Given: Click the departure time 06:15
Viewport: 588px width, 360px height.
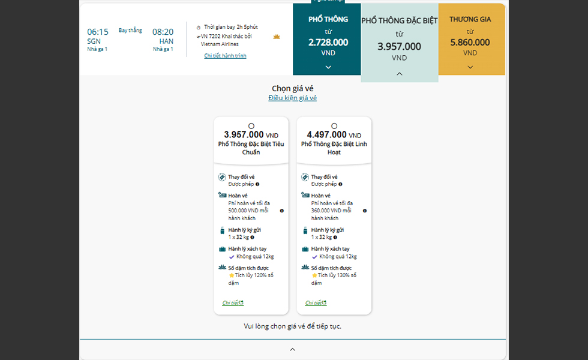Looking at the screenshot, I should click(98, 32).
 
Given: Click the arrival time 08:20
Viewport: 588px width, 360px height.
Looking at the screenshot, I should click(163, 32).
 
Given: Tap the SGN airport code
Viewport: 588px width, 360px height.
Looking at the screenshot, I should click(94, 41).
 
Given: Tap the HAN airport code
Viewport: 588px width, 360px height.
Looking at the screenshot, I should click(166, 41).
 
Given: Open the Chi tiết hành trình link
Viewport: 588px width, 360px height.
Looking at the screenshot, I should click(225, 56).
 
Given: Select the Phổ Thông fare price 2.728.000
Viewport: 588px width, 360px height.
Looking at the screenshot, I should click(328, 43).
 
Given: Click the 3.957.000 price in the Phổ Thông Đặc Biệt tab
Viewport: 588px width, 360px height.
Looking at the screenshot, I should click(399, 47).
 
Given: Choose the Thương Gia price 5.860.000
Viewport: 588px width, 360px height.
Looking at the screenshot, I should click(470, 43).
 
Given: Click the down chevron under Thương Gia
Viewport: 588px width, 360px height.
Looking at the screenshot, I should click(470, 67).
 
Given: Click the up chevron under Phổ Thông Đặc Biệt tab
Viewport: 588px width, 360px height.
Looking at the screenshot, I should click(400, 74).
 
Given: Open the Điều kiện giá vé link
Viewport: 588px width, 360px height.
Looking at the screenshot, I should click(292, 98).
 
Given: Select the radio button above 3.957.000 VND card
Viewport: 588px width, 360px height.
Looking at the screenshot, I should click(251, 126).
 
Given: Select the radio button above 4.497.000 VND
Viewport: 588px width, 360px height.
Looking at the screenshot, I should click(334, 126).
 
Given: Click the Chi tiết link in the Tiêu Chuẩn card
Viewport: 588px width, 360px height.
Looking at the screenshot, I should click(233, 303).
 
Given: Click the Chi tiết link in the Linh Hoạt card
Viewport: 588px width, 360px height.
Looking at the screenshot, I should click(316, 303).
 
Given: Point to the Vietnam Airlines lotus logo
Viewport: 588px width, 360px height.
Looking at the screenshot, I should click(277, 37).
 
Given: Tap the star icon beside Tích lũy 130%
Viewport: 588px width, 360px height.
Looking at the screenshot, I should click(314, 275).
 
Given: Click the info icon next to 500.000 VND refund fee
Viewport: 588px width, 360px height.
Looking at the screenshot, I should click(282, 211).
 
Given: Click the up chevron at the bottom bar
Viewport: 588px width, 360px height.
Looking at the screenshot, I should click(293, 349).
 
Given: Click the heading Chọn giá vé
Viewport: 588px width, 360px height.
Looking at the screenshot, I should click(292, 88).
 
